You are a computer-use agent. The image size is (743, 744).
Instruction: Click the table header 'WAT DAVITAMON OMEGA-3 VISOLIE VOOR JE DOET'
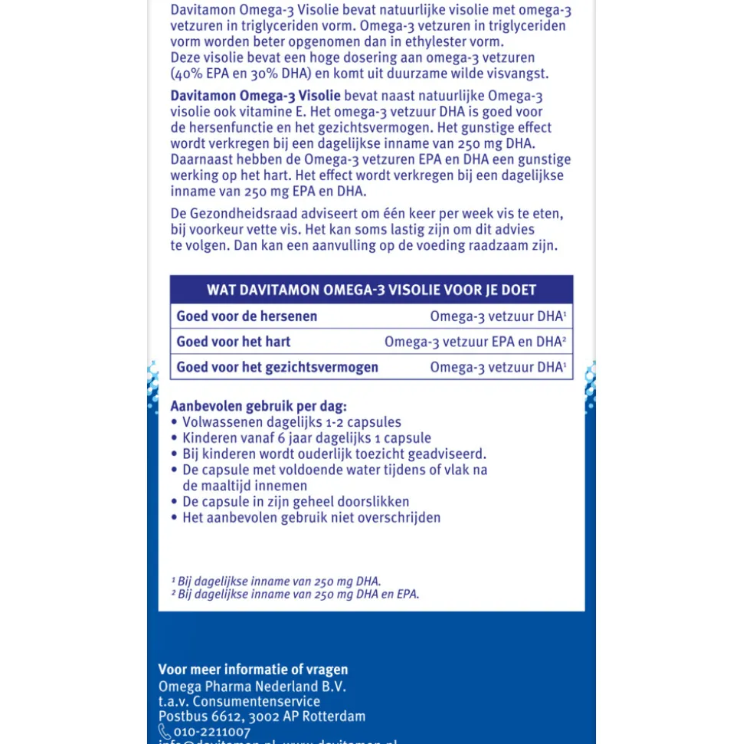coord(371,290)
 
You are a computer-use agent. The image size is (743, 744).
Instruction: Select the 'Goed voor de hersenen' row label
coord(247,316)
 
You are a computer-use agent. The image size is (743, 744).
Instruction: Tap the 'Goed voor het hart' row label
coord(234,342)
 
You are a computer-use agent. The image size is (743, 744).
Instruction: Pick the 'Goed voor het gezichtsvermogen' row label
coord(277,367)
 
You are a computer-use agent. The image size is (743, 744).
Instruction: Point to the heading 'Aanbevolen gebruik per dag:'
coord(258,406)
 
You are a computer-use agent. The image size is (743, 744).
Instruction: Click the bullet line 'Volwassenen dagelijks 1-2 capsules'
coord(291,422)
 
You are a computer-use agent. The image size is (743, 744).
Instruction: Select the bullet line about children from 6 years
coord(306,438)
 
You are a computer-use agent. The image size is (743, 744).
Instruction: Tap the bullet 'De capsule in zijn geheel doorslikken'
coord(296,502)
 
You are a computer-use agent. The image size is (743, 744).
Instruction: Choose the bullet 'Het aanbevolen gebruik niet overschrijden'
coord(311,518)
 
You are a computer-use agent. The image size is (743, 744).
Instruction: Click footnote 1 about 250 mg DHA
coord(276,582)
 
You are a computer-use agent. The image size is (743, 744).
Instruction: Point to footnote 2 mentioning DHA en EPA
coord(295,595)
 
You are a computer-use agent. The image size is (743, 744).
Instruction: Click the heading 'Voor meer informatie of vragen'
coord(253,670)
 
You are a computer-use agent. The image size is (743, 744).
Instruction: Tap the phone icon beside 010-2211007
coord(164,732)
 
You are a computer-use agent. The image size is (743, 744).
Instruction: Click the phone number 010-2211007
coord(212,733)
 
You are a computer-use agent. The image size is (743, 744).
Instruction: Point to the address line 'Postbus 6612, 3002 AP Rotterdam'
coord(262,717)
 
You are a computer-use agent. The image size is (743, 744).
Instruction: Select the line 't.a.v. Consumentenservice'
coord(239,702)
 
